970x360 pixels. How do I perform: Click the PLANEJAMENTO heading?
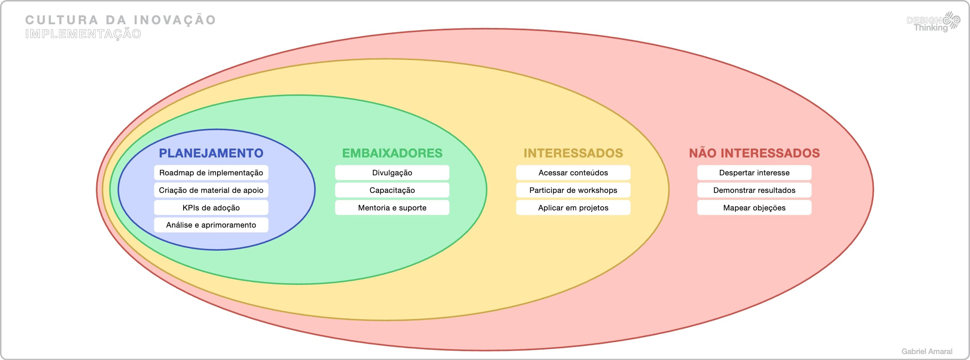[211, 153]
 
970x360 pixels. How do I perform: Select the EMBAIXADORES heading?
[392, 153]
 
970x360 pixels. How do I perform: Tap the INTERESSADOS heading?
[573, 153]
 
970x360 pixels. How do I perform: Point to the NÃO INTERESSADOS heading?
[754, 153]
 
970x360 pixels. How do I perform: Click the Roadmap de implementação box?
[211, 173]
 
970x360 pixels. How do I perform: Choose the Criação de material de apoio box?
[211, 190]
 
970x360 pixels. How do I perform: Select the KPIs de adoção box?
[211, 208]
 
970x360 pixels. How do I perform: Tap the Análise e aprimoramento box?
[211, 225]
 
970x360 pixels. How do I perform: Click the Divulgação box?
[392, 173]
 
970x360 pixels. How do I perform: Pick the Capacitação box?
[392, 190]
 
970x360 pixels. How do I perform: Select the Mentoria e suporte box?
[392, 208]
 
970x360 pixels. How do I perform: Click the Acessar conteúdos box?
[573, 173]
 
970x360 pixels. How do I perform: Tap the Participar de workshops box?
[573, 190]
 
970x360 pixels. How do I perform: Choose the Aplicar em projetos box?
[573, 208]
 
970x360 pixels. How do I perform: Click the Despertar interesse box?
[754, 173]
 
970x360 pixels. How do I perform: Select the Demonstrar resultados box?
[754, 190]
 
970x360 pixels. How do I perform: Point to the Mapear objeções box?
[754, 208]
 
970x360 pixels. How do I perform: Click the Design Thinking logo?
[933, 22]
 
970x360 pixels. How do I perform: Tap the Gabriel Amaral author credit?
[926, 351]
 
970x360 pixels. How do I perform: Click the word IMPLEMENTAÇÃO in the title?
[83, 34]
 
